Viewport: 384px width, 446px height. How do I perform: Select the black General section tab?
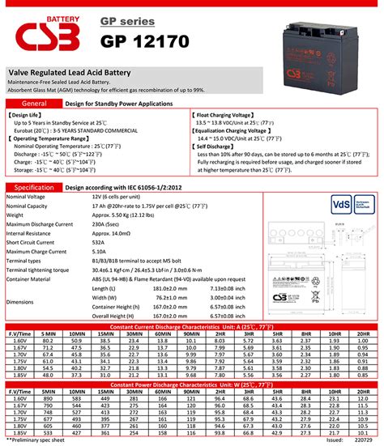point(33,104)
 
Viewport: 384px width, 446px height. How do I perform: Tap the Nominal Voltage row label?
point(26,197)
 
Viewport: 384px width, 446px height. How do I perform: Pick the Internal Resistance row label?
point(32,233)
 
